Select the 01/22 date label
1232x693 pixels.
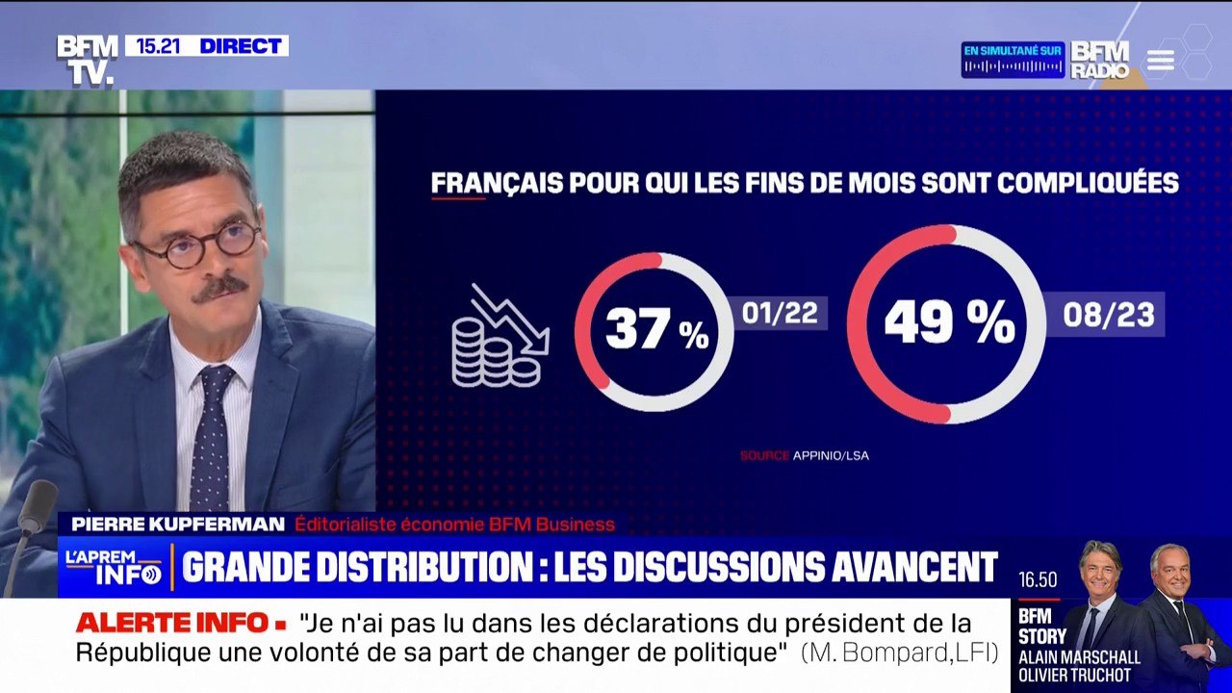pyautogui.click(x=779, y=314)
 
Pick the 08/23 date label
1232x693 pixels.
pyautogui.click(x=1108, y=315)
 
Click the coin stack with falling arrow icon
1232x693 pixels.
pyautogui.click(x=499, y=336)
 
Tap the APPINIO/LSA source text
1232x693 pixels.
pyautogui.click(x=831, y=455)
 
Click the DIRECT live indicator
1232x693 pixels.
pyautogui.click(x=240, y=46)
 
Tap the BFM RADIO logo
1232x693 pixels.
pyautogui.click(x=1099, y=60)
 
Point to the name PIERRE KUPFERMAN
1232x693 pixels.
pyautogui.click(x=178, y=525)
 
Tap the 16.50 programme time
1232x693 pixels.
pyautogui.click(x=1039, y=579)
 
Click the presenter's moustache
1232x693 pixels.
pyautogui.click(x=219, y=286)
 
